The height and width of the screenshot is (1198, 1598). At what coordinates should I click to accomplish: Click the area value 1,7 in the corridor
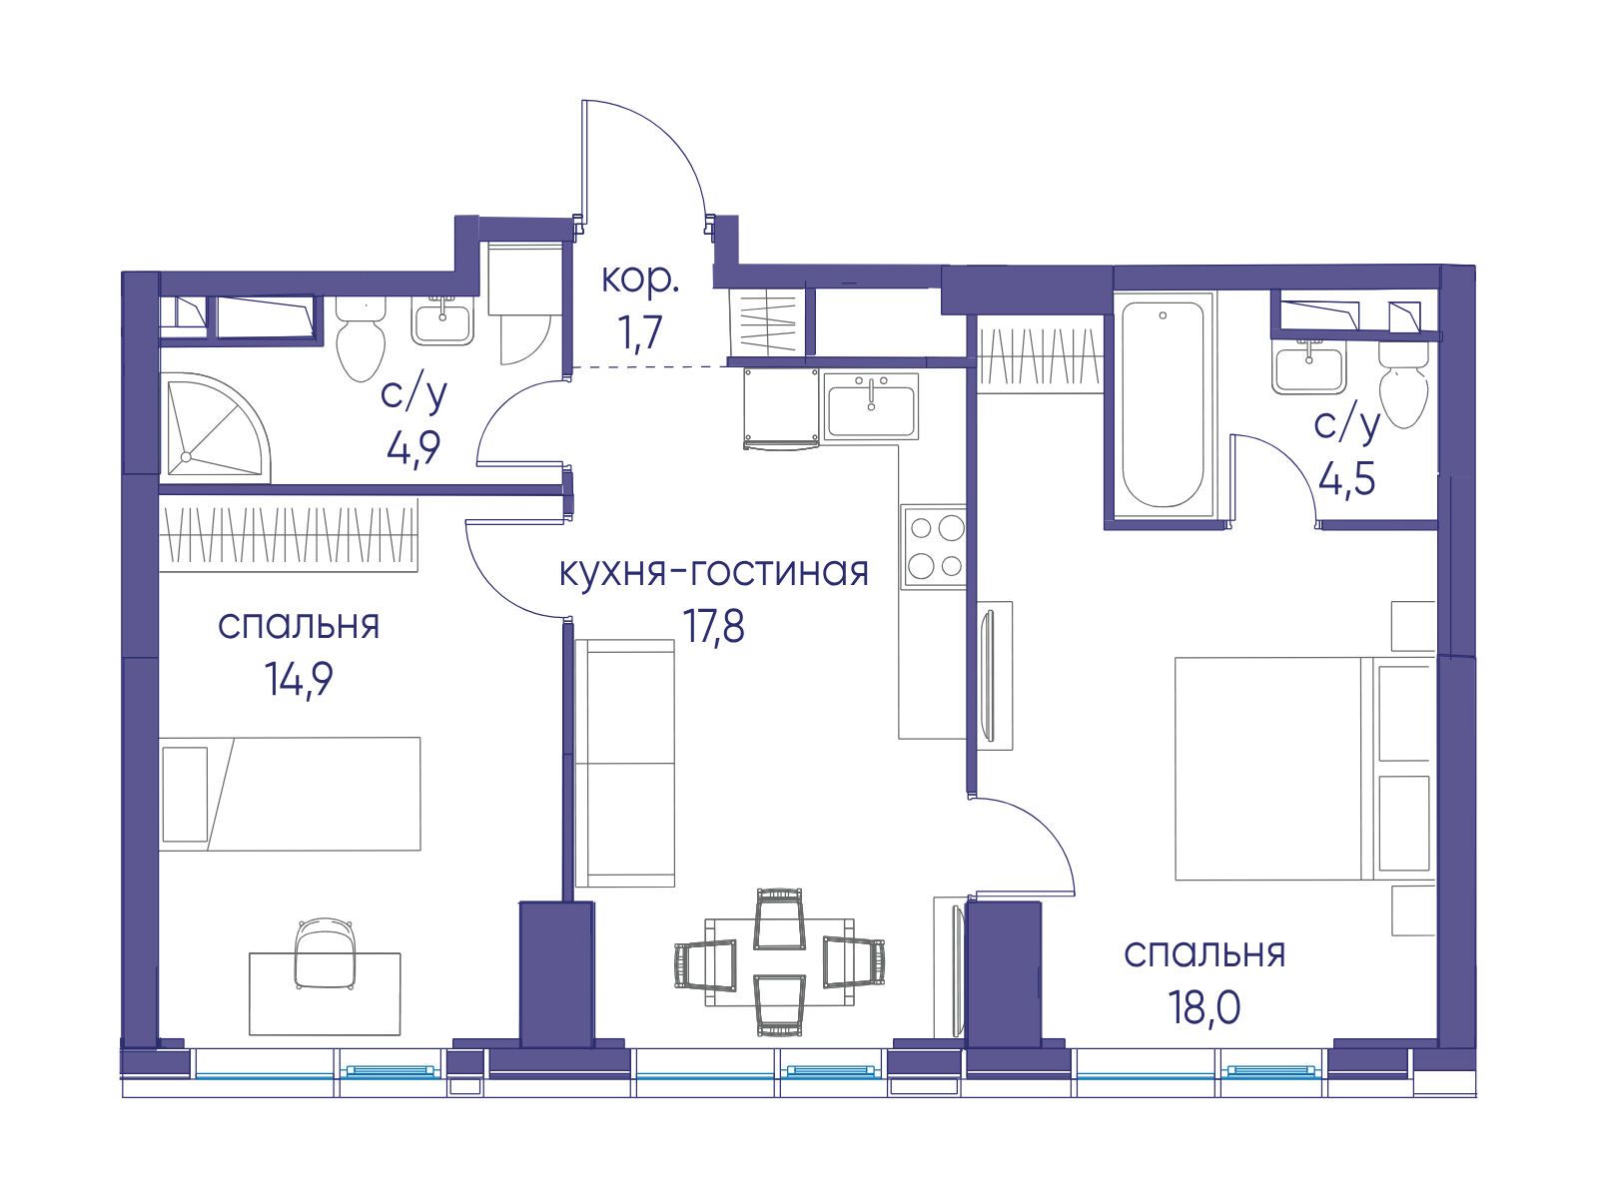[640, 333]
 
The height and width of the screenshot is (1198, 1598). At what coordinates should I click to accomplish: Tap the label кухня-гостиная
[714, 572]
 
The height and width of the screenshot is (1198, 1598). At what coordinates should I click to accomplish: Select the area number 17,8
[713, 626]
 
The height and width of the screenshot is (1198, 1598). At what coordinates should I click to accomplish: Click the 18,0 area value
[1204, 1006]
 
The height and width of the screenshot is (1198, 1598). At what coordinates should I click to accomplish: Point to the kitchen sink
[872, 405]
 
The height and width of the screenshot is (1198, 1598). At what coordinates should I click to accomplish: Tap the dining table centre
[779, 961]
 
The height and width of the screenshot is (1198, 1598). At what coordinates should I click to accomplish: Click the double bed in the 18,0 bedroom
[1304, 769]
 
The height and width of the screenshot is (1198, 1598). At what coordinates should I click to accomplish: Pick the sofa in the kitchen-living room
[624, 764]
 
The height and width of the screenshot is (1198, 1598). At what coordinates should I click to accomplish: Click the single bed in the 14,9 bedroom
[290, 794]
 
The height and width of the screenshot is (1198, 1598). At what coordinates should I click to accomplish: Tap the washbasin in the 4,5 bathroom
[1309, 368]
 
